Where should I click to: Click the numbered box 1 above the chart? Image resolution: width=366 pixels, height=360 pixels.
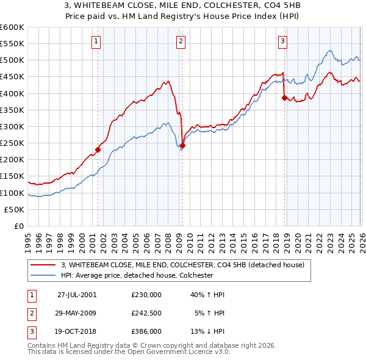pyautogui.click(x=97, y=41)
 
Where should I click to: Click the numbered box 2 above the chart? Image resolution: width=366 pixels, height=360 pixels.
pyautogui.click(x=181, y=41)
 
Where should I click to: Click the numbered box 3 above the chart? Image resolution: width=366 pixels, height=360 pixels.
pyautogui.click(x=283, y=41)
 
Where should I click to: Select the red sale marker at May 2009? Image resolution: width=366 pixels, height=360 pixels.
pyautogui.click(x=182, y=145)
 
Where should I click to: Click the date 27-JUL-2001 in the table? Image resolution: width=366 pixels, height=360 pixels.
pyautogui.click(x=77, y=294)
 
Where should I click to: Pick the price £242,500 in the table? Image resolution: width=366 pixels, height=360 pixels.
pyautogui.click(x=146, y=313)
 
